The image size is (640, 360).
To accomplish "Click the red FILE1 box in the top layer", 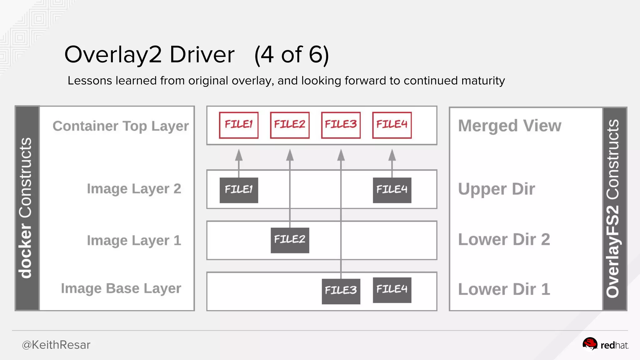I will (239, 125).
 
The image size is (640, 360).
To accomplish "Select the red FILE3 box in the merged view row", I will (341, 125).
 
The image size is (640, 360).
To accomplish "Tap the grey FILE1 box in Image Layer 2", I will (239, 190).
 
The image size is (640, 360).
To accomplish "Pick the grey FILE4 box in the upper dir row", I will (392, 190).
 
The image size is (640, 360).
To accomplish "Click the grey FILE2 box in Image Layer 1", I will (290, 240).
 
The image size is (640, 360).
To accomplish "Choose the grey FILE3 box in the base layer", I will (341, 291).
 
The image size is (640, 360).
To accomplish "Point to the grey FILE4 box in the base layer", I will (392, 290).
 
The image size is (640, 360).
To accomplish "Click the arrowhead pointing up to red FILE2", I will (290, 155).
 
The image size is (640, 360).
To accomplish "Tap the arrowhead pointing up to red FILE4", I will (392, 155).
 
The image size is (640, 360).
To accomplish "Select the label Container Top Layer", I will (121, 126).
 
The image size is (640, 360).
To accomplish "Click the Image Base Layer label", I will (121, 288).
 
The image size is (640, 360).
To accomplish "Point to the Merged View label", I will (510, 126).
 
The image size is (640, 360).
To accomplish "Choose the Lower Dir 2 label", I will (504, 240).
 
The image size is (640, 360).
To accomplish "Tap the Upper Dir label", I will (496, 189).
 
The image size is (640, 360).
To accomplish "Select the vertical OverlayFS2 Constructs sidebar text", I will (613, 208).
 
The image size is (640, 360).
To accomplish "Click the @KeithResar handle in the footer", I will (56, 345).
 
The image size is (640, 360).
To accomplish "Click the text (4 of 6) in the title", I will (292, 55).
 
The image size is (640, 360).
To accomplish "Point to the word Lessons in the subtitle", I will (90, 81).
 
